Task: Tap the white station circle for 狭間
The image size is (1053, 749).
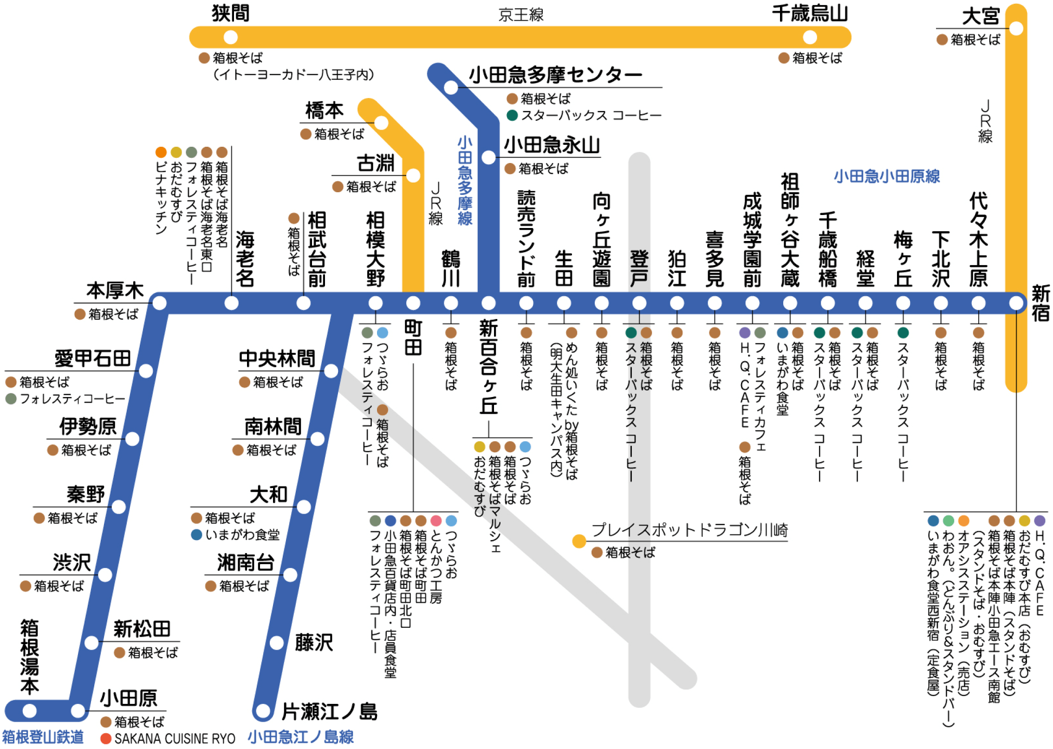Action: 231,37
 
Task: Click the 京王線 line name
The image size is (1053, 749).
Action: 521,15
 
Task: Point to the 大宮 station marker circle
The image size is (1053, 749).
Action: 1016,28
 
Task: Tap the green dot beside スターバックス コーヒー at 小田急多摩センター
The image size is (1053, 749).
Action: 512,115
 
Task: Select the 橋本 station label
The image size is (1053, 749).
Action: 324,111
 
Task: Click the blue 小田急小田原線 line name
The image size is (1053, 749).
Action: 887,176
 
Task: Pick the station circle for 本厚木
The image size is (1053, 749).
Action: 159,303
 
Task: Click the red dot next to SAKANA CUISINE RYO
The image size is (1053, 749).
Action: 106,738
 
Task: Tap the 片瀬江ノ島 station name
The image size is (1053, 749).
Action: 330,711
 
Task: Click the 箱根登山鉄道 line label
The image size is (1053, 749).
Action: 43,737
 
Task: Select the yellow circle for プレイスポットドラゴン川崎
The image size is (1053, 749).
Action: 579,541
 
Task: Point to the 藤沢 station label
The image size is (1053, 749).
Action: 314,643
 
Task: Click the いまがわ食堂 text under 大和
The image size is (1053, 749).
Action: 242,535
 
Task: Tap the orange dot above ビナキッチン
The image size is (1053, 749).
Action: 161,152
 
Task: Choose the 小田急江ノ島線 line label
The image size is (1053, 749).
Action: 300,737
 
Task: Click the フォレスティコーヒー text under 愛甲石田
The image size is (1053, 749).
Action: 72,399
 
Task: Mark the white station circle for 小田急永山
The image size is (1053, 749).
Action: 488,157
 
